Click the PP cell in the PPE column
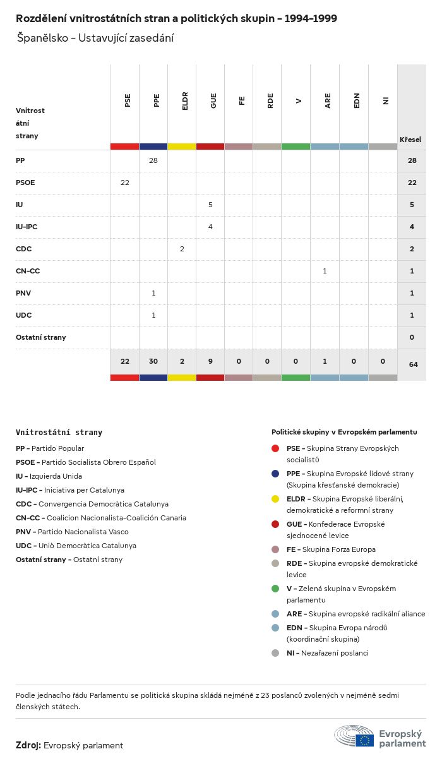pyautogui.click(x=153, y=160)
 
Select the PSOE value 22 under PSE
pyautogui.click(x=125, y=183)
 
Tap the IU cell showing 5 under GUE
pyautogui.click(x=210, y=205)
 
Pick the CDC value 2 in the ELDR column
pyautogui.click(x=182, y=249)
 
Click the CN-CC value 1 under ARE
pyautogui.click(x=325, y=271)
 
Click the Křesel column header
pyautogui.click(x=410, y=140)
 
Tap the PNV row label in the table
pyautogui.click(x=23, y=293)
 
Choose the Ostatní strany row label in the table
pyautogui.click(x=40, y=337)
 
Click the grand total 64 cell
pyautogui.click(x=412, y=364)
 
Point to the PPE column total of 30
pyautogui.click(x=153, y=361)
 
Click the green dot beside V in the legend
pyautogui.click(x=275, y=589)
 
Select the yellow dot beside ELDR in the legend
pyautogui.click(x=275, y=499)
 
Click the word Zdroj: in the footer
pyautogui.click(x=28, y=745)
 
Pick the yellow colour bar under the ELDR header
pyautogui.click(x=182, y=147)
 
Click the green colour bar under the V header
pyautogui.click(x=296, y=147)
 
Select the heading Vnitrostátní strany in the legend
pyautogui.click(x=59, y=433)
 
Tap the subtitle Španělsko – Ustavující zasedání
pyautogui.click(x=95, y=38)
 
